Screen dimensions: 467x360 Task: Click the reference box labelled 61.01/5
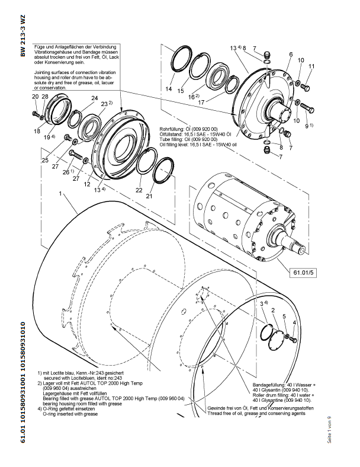(x=304, y=273)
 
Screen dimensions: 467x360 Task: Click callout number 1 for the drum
(x=60, y=194)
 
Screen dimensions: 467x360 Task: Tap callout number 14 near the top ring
(x=169, y=89)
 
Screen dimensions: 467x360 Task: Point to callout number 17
(x=201, y=102)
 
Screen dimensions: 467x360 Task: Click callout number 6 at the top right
(x=291, y=55)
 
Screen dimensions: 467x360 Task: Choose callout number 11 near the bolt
(x=311, y=66)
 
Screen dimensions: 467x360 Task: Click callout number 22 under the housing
(x=139, y=190)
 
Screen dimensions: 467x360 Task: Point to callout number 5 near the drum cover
(x=284, y=316)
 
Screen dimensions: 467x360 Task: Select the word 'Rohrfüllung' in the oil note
(x=172, y=129)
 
